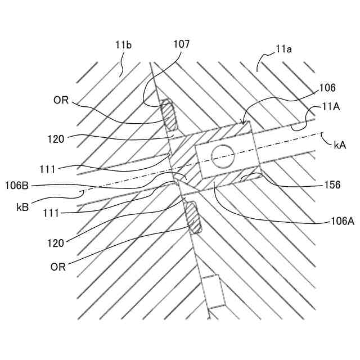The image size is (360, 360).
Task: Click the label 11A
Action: (x=332, y=107)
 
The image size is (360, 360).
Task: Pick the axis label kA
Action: (x=340, y=145)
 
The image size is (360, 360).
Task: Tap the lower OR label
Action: (x=58, y=267)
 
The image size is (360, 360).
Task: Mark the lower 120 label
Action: (x=56, y=244)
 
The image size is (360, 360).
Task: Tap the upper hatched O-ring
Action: (x=169, y=115)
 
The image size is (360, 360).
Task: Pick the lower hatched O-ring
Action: (x=192, y=218)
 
